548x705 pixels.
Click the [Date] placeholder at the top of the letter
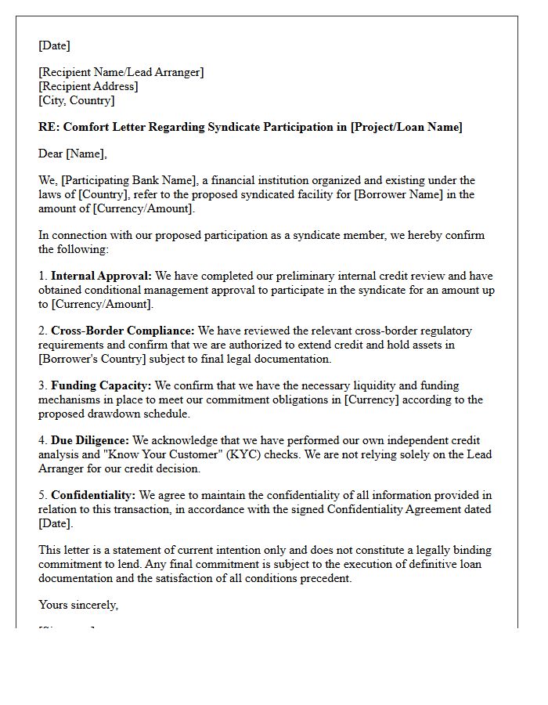[x=54, y=45]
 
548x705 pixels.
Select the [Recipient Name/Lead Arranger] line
[x=121, y=72]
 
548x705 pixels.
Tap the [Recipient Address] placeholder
[x=88, y=86]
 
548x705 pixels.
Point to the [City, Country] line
[x=76, y=100]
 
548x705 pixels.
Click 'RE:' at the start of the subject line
[x=49, y=127]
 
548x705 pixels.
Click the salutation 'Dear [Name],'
[x=72, y=154]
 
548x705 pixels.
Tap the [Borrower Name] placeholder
[x=395, y=194]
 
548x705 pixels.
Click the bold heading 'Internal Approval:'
[x=101, y=276]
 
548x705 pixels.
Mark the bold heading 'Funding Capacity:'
[x=101, y=385]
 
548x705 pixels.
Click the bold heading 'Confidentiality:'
[x=93, y=495]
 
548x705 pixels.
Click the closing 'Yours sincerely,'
[x=78, y=605]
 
